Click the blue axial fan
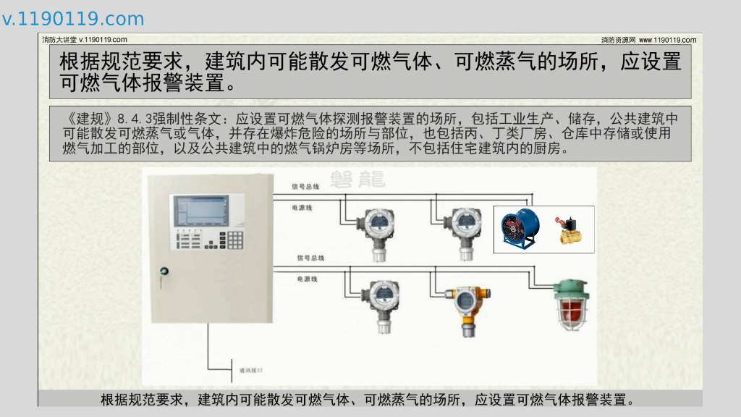tap(520, 228)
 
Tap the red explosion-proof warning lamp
tap(571, 305)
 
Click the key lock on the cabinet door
tap(164, 271)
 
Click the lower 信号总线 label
tap(310, 258)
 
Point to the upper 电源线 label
tap(302, 207)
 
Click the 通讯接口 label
tap(250, 370)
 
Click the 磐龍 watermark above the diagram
tap(357, 179)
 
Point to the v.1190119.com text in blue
tap(73, 19)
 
